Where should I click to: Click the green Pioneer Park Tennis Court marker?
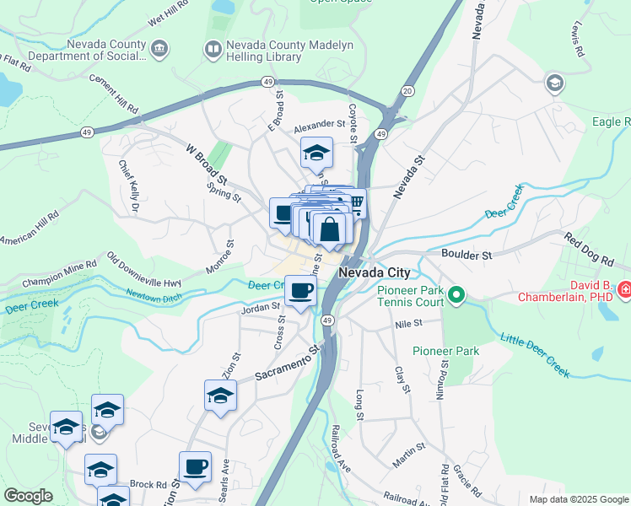(x=456, y=295)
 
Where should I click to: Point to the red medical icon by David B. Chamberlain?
(x=623, y=289)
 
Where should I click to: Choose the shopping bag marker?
(x=332, y=229)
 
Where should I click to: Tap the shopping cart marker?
(x=357, y=202)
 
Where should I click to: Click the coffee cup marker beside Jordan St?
(x=301, y=293)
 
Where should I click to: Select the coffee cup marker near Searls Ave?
(x=195, y=466)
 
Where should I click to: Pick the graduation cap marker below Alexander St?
(x=316, y=153)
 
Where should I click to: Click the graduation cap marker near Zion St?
(x=221, y=395)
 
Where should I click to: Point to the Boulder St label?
(x=467, y=253)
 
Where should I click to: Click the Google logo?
(x=28, y=496)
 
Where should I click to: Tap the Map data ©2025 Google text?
(x=578, y=499)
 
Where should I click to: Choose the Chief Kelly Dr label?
(x=128, y=186)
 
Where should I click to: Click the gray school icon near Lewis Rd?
(x=554, y=82)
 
